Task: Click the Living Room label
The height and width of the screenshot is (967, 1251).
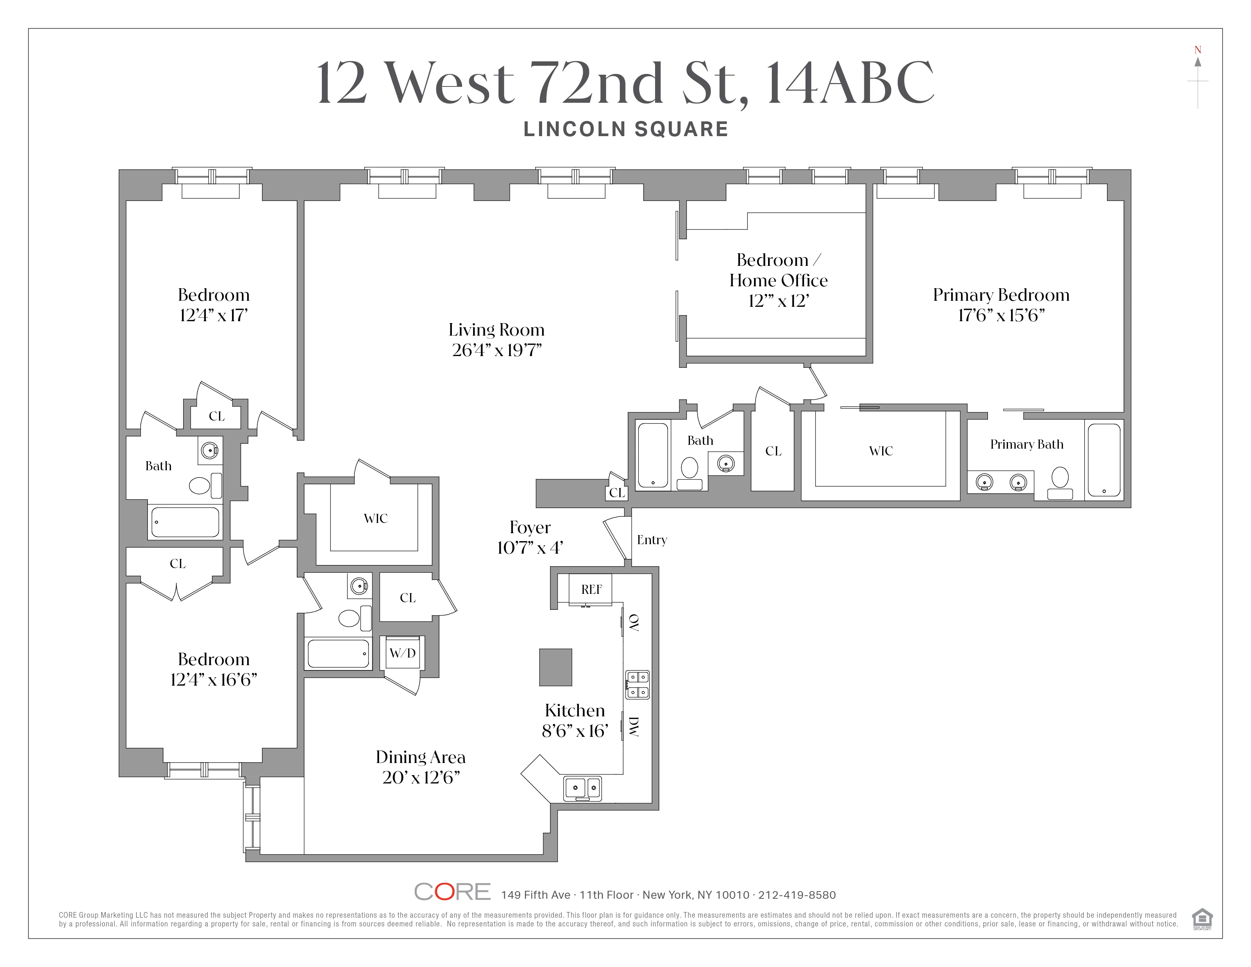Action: coord(496,330)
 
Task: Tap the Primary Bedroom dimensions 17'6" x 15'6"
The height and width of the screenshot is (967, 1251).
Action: coord(1001,316)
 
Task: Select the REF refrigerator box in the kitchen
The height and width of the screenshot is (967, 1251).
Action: coord(591,589)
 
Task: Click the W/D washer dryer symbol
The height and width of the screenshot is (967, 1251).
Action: coord(402,653)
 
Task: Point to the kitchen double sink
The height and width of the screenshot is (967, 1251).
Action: coord(583,788)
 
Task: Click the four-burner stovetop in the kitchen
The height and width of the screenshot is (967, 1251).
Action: coord(637,684)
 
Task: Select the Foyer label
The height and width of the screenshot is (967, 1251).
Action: coord(530,527)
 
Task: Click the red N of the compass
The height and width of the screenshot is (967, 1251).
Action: coord(1197,50)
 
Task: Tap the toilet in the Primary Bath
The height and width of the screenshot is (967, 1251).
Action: coord(1060,483)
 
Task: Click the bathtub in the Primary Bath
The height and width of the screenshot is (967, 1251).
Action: coord(1104,460)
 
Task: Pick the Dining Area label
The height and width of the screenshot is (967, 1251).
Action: coord(420,757)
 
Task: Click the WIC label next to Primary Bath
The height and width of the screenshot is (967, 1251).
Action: coord(880,451)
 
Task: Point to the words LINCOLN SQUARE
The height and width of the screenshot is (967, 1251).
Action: coord(625,129)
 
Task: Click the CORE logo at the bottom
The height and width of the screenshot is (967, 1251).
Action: coord(452,892)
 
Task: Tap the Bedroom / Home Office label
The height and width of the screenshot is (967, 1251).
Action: coord(778,270)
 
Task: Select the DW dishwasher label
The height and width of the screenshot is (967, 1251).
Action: coord(633,727)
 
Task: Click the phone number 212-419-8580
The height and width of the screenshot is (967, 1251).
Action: coord(797,895)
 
